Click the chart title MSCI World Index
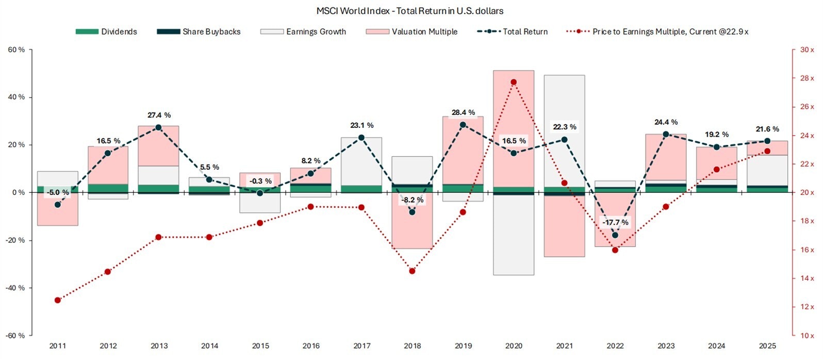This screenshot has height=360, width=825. pyautogui.click(x=410, y=11)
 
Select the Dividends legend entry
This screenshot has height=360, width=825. pyautogui.click(x=106, y=31)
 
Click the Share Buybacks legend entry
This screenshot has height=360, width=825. pyautogui.click(x=199, y=31)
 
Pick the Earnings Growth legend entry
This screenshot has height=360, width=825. pyautogui.click(x=303, y=31)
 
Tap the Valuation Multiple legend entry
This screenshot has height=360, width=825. pyautogui.click(x=411, y=31)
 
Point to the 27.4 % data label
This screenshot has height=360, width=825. pyautogui.click(x=158, y=115)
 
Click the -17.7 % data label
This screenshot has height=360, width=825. pyautogui.click(x=615, y=222)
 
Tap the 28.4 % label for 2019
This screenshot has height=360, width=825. pyautogui.click(x=463, y=112)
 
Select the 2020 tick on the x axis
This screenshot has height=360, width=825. pyautogui.click(x=514, y=346)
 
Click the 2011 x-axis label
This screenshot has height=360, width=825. pyautogui.click(x=57, y=346)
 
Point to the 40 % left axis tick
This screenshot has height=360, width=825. pyautogui.click(x=15, y=97)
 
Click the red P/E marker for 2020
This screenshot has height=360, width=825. pyautogui.click(x=514, y=82)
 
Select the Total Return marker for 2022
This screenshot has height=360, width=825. pyautogui.click(x=615, y=235)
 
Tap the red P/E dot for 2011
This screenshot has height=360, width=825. pyautogui.click(x=58, y=300)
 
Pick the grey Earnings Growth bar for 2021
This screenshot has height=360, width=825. pyautogui.click(x=564, y=129)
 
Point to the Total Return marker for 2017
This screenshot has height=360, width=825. pyautogui.click(x=361, y=138)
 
